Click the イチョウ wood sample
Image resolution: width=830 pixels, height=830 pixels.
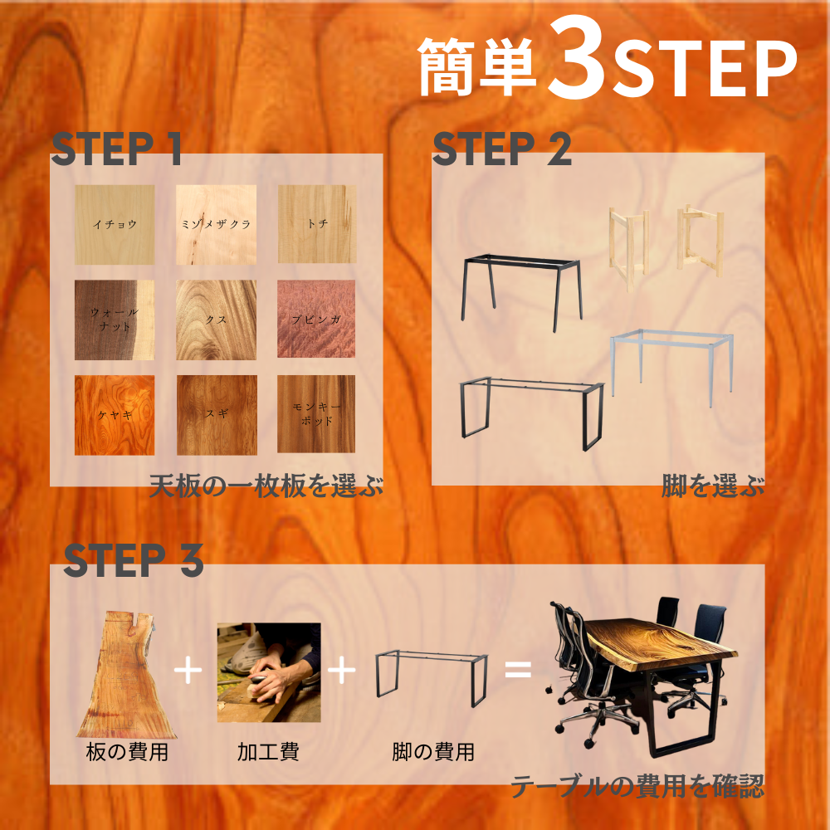115,224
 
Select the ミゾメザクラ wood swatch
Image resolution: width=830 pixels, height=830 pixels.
216,224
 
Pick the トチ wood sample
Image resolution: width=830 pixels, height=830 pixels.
316,224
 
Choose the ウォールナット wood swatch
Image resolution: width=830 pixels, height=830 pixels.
115,320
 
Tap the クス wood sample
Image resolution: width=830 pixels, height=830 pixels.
216,320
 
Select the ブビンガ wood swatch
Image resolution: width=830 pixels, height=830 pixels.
316,319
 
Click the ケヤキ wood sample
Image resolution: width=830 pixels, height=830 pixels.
115,415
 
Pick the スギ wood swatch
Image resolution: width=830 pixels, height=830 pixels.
217,415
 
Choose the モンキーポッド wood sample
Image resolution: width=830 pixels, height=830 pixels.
316,414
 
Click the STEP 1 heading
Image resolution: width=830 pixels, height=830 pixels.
116,149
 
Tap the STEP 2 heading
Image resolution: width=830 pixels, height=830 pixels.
502,149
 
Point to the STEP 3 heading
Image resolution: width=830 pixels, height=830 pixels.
134,560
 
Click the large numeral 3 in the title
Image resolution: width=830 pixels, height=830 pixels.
578,57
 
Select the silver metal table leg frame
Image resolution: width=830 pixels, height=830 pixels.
671,368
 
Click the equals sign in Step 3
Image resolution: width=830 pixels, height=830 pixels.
518,670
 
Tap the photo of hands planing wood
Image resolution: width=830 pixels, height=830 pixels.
269,672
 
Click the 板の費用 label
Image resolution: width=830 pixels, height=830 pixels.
127,752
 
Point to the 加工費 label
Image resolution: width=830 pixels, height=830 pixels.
268,752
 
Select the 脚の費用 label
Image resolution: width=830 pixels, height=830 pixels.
433,752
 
